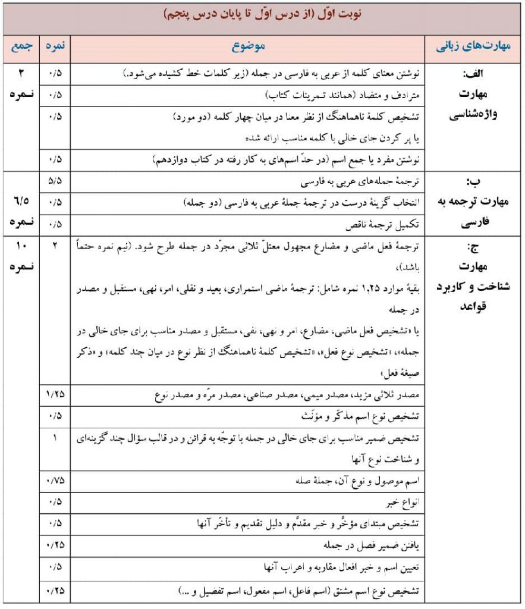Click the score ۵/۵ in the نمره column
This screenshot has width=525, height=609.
click(x=56, y=181)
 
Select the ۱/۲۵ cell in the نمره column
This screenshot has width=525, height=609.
click(x=56, y=394)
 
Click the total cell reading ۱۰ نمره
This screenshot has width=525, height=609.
click(x=22, y=255)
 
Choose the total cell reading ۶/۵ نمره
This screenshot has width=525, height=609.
click(x=22, y=210)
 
